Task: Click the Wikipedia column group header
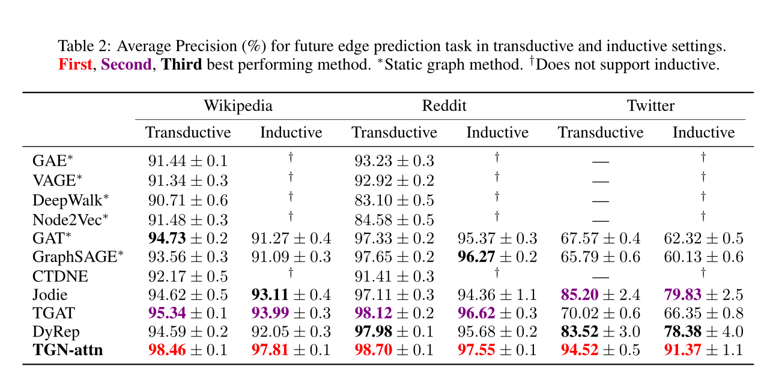click(x=238, y=106)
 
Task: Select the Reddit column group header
click(x=444, y=106)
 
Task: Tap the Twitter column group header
click(x=650, y=106)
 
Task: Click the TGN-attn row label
click(x=68, y=350)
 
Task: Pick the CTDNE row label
click(x=60, y=276)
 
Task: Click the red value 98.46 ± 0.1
click(x=188, y=350)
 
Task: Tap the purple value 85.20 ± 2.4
click(x=600, y=295)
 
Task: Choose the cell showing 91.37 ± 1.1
click(x=703, y=350)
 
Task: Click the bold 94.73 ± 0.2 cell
click(x=188, y=239)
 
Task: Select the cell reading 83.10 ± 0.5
click(x=394, y=200)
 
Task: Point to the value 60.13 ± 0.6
click(x=703, y=257)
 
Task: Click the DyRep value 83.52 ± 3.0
click(x=600, y=332)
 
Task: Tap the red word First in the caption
click(x=75, y=65)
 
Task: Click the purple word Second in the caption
click(x=126, y=65)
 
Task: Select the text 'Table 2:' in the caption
click(x=83, y=46)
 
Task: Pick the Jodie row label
click(x=50, y=295)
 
